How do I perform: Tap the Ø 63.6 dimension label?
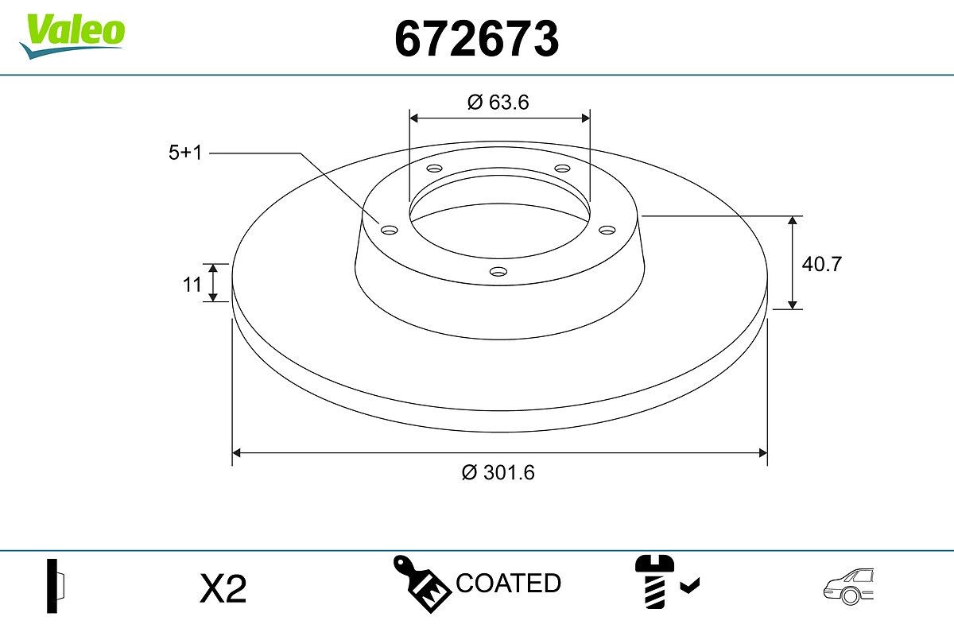498,102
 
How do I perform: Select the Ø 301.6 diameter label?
498,472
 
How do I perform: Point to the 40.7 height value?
820,264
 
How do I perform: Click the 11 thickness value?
192,284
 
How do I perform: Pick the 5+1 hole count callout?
186,153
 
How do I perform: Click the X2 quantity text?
223,589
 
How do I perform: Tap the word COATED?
509,584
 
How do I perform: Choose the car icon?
849,586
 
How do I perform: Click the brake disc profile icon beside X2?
56,587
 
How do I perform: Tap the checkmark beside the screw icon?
690,587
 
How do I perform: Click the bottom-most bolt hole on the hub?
498,272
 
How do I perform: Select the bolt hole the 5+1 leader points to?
389,230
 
